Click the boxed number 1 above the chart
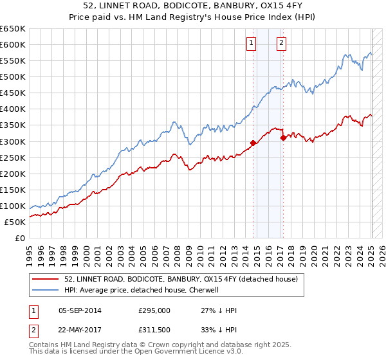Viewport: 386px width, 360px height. [x=250, y=44]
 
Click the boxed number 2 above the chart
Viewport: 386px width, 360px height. [x=282, y=44]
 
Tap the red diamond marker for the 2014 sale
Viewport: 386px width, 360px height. [x=253, y=143]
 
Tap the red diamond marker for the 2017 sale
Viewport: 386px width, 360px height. [x=283, y=137]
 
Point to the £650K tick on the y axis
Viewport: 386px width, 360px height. [x=12, y=29]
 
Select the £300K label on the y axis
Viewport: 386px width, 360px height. [x=12, y=141]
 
